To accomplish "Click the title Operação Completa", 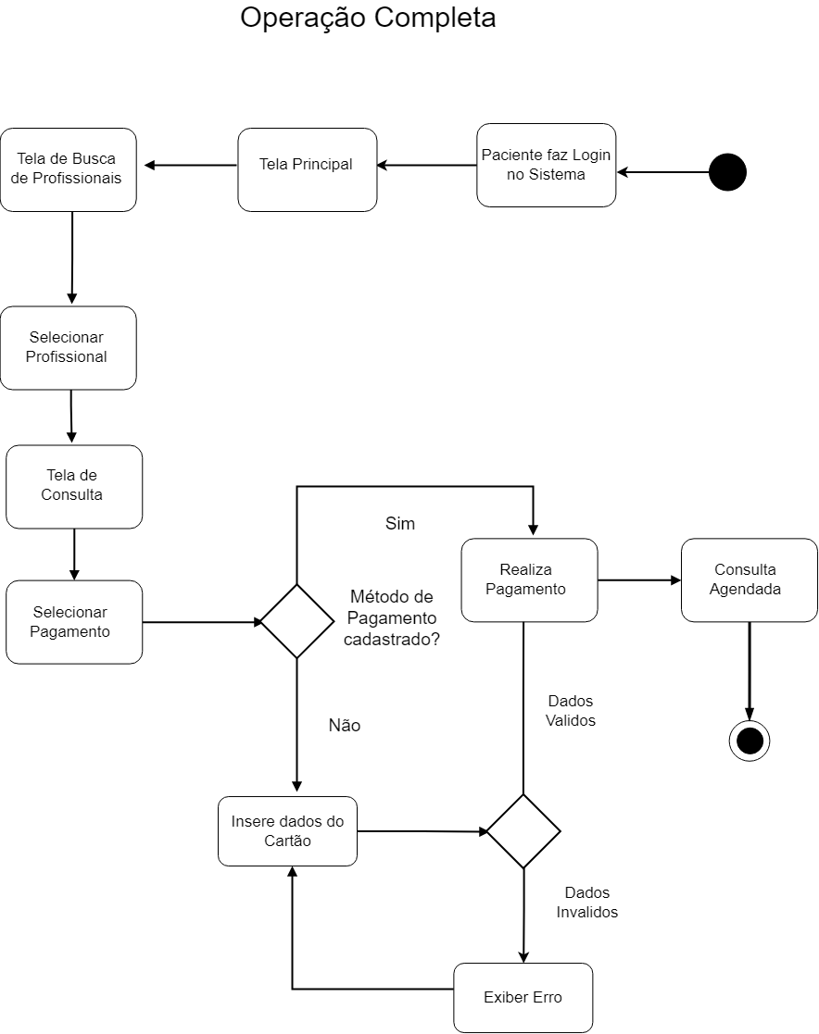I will [368, 19].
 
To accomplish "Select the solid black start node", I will [727, 172].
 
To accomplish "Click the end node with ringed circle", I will [749, 741].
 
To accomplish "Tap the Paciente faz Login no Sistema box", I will [547, 165].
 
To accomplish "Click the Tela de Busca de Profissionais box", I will [68, 169].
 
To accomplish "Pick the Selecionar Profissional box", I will [68, 347].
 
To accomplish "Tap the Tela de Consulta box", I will [74, 486].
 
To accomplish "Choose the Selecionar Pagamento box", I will [74, 622].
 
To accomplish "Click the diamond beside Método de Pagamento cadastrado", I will [296, 621].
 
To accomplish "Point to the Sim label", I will [400, 524].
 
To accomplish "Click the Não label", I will [345, 726].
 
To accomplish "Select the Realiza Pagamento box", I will [529, 579].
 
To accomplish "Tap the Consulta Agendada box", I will [749, 579].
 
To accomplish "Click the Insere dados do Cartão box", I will [287, 831].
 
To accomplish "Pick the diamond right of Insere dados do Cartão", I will [523, 830].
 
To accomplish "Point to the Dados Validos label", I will [570, 711].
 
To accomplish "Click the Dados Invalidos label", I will [587, 903].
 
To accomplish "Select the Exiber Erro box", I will [523, 998].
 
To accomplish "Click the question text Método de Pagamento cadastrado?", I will [391, 617].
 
